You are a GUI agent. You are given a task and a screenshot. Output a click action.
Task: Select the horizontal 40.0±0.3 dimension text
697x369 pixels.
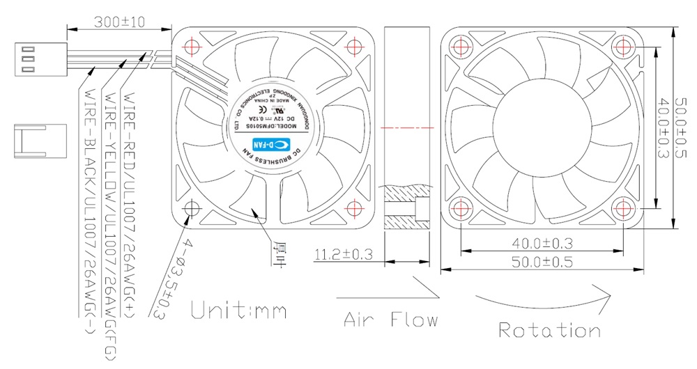click(x=542, y=243)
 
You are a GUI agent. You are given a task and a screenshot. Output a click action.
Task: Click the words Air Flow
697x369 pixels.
click(x=390, y=320)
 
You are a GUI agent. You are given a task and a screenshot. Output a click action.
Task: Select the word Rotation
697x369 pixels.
click(x=549, y=329)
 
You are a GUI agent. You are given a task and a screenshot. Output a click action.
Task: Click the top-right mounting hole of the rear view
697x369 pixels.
click(x=622, y=47)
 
